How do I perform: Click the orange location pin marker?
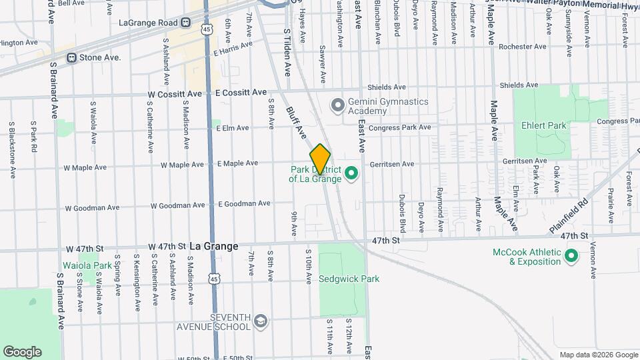tap(320, 159)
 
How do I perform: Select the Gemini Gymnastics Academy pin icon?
tap(338, 105)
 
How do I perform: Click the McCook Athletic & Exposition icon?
tap(571, 256)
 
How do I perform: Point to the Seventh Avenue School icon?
tap(260, 321)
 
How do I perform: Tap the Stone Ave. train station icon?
tap(71, 58)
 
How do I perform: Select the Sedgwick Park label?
tap(349, 279)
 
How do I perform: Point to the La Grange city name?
tap(213, 246)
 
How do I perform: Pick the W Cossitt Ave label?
tap(174, 95)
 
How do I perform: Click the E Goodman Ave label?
tap(244, 204)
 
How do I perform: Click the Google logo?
tap(22, 351)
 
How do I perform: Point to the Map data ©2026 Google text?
tap(597, 355)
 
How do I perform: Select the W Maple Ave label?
tap(182, 165)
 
